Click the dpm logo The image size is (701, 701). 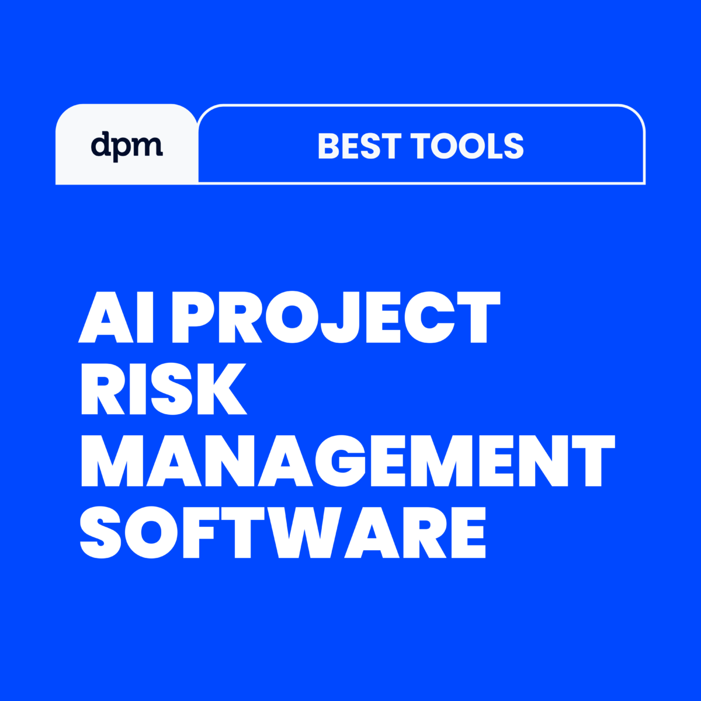click(x=127, y=146)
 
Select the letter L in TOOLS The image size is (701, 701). click(x=491, y=146)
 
